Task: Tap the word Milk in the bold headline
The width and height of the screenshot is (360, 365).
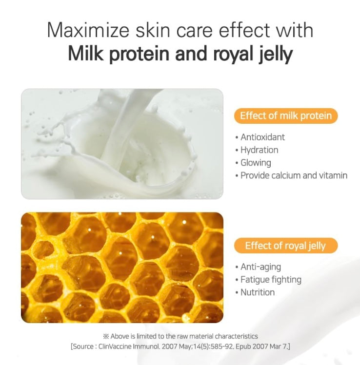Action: pyautogui.click(x=85, y=53)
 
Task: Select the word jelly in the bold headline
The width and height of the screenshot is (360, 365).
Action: pyautogui.click(x=276, y=55)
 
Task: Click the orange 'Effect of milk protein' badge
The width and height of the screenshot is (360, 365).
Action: pyautogui.click(x=286, y=115)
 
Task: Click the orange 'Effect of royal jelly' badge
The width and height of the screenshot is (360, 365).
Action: pyautogui.click(x=286, y=246)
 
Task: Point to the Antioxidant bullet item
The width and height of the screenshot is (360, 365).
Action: pyautogui.click(x=260, y=137)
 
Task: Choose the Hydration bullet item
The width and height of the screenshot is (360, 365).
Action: pyautogui.click(x=257, y=150)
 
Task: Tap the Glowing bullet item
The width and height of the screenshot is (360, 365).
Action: pyautogui.click(x=253, y=163)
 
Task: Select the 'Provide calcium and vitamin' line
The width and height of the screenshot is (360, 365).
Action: pyautogui.click(x=291, y=175)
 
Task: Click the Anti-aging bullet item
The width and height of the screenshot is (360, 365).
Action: pyautogui.click(x=258, y=267)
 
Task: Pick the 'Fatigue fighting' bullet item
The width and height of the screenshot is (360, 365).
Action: pyautogui.click(x=268, y=280)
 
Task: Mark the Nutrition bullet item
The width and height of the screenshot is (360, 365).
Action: pyautogui.click(x=255, y=292)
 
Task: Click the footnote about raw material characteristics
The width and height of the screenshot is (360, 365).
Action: pyautogui.click(x=180, y=336)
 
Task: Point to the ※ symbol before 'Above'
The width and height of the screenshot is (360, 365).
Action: pyautogui.click(x=106, y=336)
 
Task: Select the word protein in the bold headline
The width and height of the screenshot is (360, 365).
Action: pyautogui.click(x=139, y=55)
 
